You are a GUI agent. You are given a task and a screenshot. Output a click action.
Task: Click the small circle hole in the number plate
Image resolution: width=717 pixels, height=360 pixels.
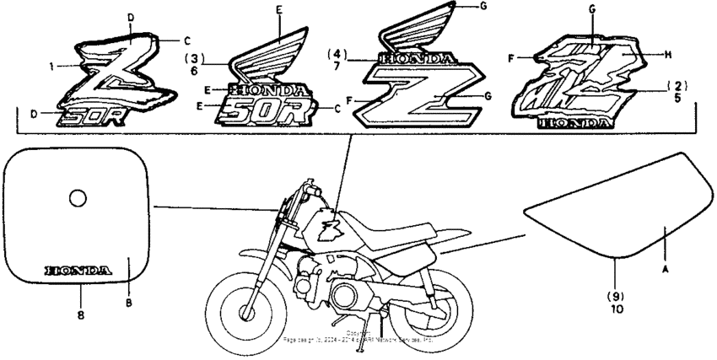[78, 198]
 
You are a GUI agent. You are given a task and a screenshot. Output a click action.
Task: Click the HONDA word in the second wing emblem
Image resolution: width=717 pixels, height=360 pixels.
[268, 89]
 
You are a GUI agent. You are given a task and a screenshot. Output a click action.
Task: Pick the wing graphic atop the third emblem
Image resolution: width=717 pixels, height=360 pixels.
[422, 30]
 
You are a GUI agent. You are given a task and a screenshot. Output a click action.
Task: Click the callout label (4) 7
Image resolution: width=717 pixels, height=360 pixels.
[339, 59]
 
